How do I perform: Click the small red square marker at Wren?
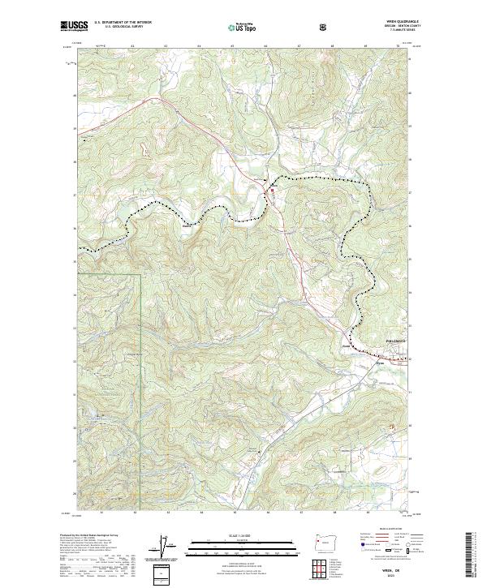(272, 191)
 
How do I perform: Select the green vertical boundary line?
(140, 365)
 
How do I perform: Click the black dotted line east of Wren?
(325, 178)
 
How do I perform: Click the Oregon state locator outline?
(325, 542)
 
